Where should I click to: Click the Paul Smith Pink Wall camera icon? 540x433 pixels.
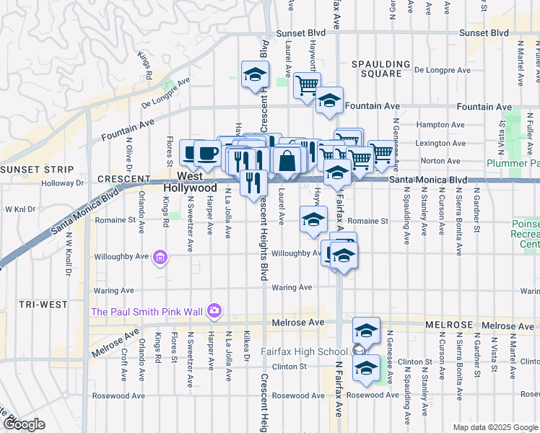point(214,311)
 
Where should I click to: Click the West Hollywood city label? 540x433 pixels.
point(199,181)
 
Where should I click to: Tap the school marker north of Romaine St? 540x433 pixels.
point(313,220)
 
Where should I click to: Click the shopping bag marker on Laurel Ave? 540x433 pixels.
point(287,160)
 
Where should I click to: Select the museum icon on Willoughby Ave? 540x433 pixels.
point(160,257)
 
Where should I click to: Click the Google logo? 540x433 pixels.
point(23,424)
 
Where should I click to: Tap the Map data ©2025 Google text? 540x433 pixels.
point(495,427)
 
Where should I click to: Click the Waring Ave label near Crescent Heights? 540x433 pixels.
point(292,287)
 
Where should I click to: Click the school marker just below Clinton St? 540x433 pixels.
point(366,367)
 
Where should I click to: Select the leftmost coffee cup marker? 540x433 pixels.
point(191,152)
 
